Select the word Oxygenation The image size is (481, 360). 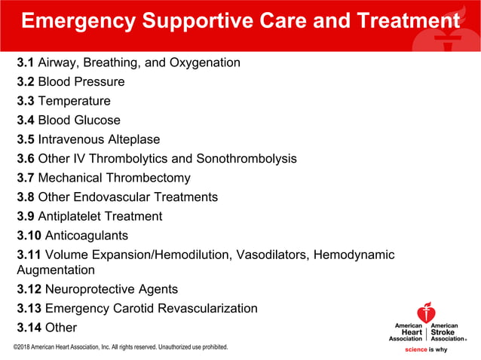coord(204,62)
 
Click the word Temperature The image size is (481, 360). coord(74,101)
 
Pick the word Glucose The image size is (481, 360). coord(97,120)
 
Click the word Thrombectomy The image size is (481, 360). coord(147,178)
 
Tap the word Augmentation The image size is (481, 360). coord(56,270)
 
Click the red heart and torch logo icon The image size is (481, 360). coord(427,313)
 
